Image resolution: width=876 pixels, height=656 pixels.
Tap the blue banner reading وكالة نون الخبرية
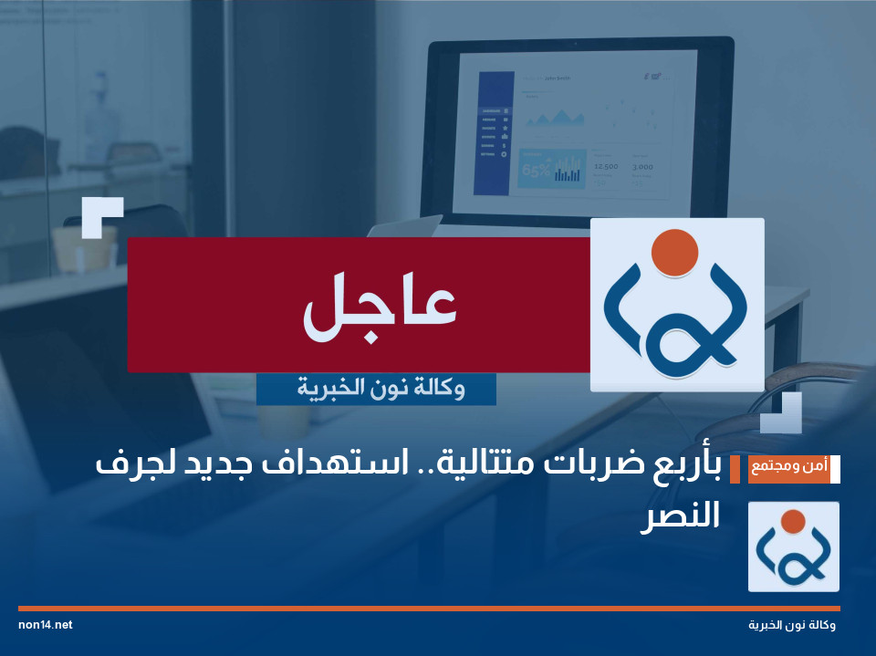pyautogui.click(x=376, y=390)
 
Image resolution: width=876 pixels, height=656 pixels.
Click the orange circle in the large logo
pyautogui.click(x=676, y=252)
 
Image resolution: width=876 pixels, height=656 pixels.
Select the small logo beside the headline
pyautogui.click(x=793, y=547)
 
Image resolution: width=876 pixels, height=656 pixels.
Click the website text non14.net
pyautogui.click(x=45, y=625)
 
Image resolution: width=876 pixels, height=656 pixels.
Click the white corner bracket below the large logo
pyautogui.click(x=783, y=414)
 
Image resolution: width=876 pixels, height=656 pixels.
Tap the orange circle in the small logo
pyautogui.click(x=793, y=521)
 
